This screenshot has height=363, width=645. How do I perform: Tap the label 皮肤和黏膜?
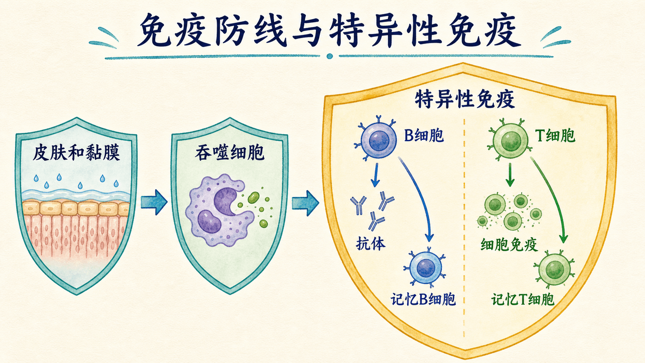tap(76, 153)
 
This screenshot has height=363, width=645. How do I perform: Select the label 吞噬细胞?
tap(230, 153)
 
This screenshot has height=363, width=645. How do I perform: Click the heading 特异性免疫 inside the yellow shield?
tap(465, 100)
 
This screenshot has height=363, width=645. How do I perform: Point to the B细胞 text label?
tap(424, 135)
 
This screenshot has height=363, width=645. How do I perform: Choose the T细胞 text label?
tap(555, 135)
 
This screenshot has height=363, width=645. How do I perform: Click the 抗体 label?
tap(370, 244)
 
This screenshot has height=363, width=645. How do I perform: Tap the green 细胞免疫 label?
tap(509, 245)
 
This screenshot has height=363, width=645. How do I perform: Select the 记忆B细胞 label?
tap(423, 299)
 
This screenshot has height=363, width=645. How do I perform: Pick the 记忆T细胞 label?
tap(523, 299)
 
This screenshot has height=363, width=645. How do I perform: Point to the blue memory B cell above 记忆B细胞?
tap(425, 267)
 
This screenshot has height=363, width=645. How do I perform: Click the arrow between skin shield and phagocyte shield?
tap(154, 202)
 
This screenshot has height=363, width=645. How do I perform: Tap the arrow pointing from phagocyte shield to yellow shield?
tap(305, 203)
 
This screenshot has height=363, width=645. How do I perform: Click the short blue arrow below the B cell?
tap(375, 175)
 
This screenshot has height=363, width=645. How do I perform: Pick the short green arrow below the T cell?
tap(510, 174)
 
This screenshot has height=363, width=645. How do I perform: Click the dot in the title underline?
tap(330, 56)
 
